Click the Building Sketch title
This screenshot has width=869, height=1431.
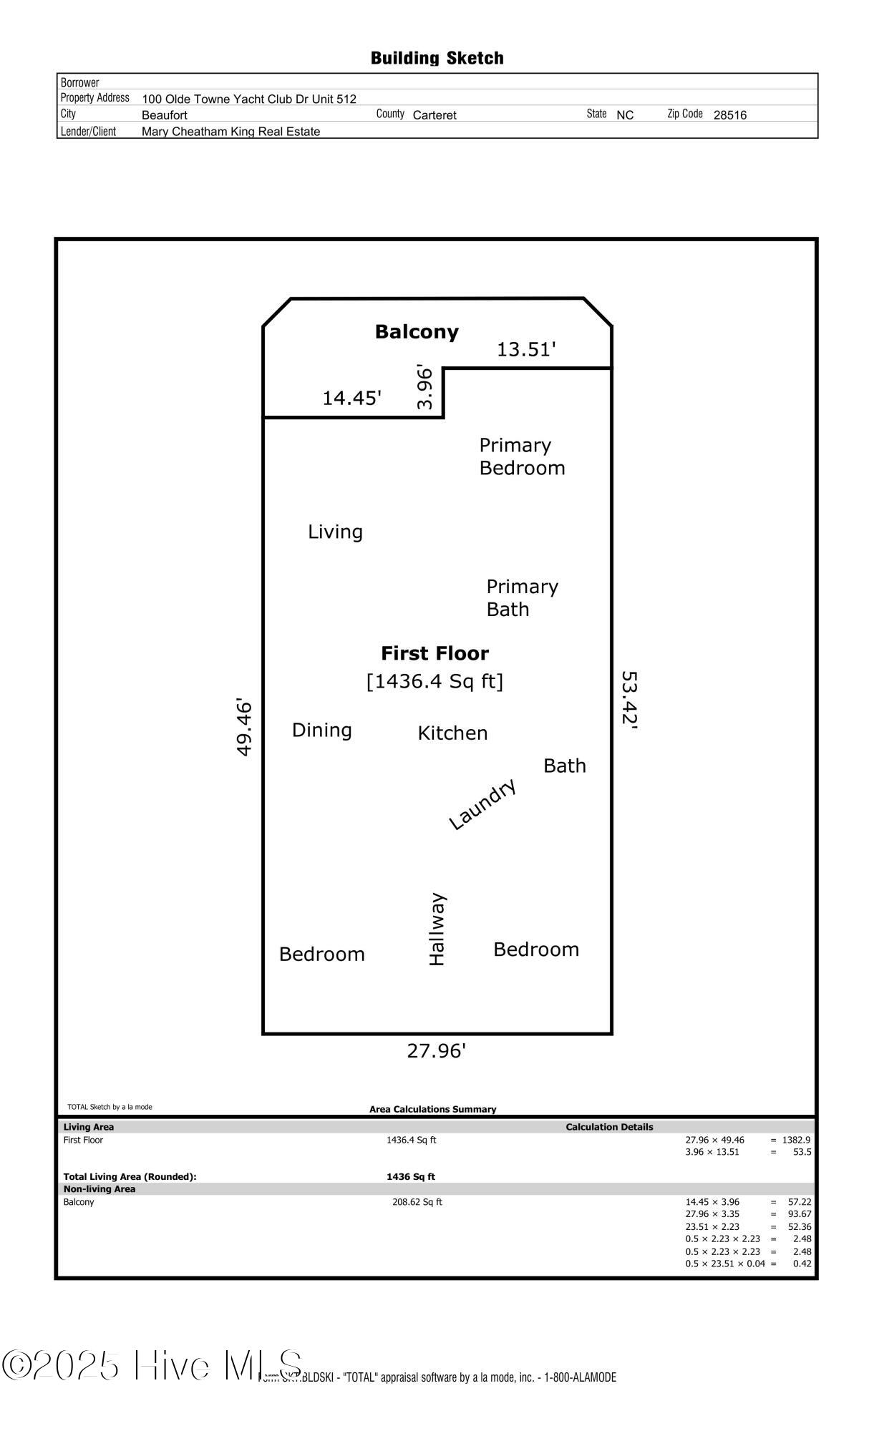(x=437, y=58)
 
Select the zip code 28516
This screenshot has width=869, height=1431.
(x=729, y=115)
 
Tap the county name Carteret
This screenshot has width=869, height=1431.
(x=434, y=115)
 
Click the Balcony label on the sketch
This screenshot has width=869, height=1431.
(x=417, y=332)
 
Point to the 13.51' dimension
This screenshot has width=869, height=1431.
(x=526, y=350)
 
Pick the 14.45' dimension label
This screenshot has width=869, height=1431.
(x=351, y=399)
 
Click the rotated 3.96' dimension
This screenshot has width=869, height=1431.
(x=425, y=388)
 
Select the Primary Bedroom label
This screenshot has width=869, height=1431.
(x=522, y=456)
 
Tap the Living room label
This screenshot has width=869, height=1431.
(x=335, y=532)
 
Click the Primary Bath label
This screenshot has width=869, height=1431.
(x=522, y=598)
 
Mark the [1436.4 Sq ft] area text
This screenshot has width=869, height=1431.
(x=434, y=681)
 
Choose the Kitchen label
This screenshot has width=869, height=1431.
(x=452, y=733)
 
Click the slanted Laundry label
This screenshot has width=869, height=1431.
(x=482, y=804)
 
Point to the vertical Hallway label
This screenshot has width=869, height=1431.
(x=437, y=929)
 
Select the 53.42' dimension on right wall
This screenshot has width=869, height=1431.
(x=629, y=699)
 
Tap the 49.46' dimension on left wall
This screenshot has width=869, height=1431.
(x=244, y=727)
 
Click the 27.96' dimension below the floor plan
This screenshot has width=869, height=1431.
(x=436, y=1051)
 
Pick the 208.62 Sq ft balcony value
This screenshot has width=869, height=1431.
(x=417, y=1202)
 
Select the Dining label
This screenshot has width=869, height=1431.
(x=321, y=731)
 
